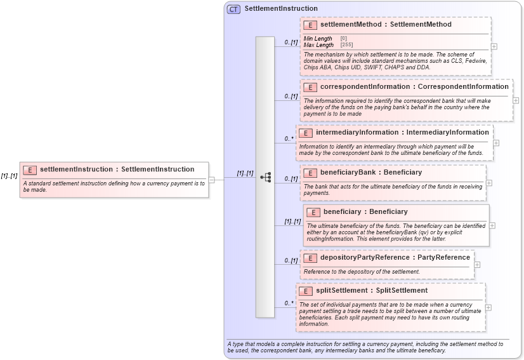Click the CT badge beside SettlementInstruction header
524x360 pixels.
(x=233, y=9)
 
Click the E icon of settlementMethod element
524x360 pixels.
(x=310, y=25)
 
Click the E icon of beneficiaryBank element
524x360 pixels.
(x=310, y=173)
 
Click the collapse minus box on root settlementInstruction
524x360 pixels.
(x=212, y=180)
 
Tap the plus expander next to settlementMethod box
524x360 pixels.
(x=494, y=46)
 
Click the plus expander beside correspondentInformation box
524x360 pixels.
(x=516, y=100)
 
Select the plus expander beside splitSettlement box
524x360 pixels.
(x=488, y=308)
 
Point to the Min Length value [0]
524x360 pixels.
(x=344, y=39)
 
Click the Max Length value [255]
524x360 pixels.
(x=346, y=45)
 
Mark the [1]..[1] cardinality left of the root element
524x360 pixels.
(x=9, y=176)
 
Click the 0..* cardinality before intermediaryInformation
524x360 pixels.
(x=289, y=138)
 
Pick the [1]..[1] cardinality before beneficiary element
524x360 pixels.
(x=292, y=222)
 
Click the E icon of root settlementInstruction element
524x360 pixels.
(x=30, y=170)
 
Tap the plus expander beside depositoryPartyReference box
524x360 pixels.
(x=477, y=265)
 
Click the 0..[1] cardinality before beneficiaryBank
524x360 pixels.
(x=291, y=179)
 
